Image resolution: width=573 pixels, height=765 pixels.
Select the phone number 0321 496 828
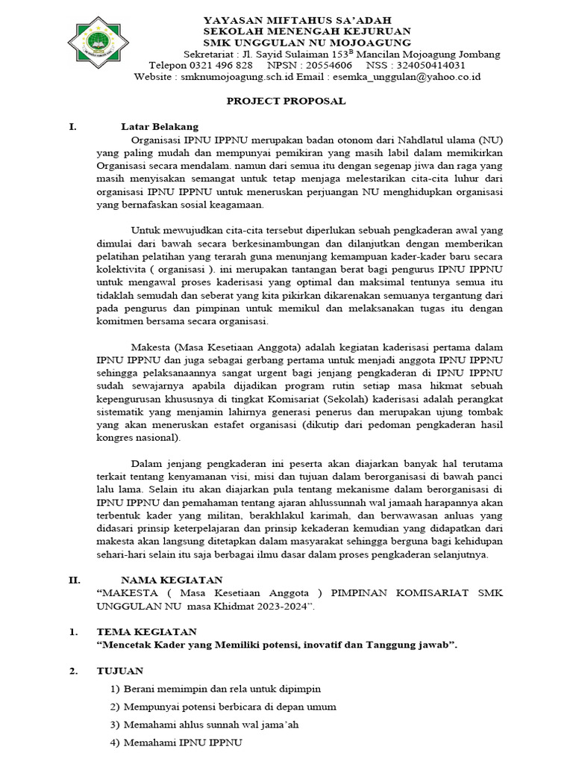(x=222, y=65)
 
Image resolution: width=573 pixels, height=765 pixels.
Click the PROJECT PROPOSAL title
(x=286, y=101)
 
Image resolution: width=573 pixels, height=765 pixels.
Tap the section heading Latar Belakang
(x=160, y=126)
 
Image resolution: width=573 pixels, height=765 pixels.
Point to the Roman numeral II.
(x=74, y=579)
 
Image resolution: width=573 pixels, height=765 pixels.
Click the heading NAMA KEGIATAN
(x=172, y=579)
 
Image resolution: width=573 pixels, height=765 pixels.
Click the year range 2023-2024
(x=280, y=606)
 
